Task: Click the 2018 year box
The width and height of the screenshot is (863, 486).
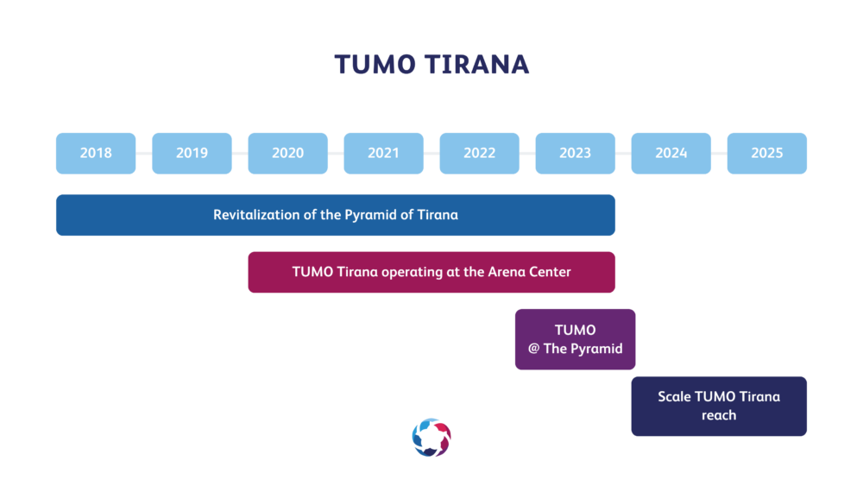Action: coord(96,153)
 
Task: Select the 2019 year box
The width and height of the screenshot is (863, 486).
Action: coord(192,153)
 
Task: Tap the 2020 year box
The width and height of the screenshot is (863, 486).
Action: coord(288,153)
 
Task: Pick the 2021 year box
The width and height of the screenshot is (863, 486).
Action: coord(384,153)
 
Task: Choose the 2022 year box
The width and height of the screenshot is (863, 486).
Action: coord(479,153)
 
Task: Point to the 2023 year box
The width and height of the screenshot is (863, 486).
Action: coord(575,153)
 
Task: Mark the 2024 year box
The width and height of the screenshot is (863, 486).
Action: coord(671,153)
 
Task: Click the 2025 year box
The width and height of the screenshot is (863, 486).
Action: coord(766,153)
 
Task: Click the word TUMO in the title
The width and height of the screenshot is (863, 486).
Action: coord(375,65)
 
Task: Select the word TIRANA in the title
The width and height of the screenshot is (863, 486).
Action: coord(477,65)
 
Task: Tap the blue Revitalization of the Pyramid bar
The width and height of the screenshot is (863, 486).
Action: coord(336,215)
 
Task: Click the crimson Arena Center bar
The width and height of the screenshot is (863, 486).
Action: coord(431,272)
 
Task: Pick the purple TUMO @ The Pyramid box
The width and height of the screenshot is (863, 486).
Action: coord(575,339)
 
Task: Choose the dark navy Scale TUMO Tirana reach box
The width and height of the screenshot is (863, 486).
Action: coord(719,407)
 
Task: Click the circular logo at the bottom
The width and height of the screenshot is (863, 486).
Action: coord(431,438)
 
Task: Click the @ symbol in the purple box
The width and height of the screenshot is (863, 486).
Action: coord(533,349)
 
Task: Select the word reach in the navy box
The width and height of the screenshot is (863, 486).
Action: coord(719,415)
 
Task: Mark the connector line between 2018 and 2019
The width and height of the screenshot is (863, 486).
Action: coord(144,153)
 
